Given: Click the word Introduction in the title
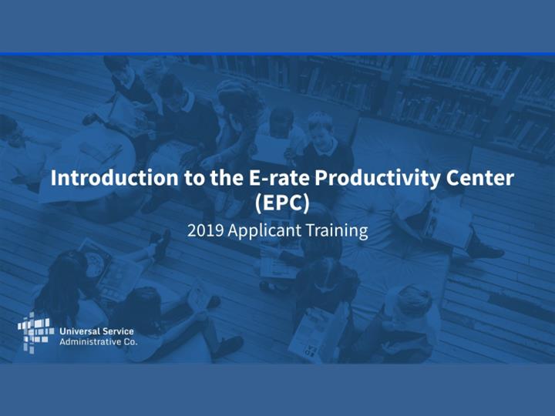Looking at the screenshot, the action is click(x=114, y=178).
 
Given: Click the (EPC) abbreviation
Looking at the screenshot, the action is click(x=282, y=203).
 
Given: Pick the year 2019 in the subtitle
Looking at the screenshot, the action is click(x=205, y=230).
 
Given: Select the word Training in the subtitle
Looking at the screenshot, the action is click(x=337, y=231).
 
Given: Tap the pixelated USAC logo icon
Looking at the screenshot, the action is click(x=35, y=333).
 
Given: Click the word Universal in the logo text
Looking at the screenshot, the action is click(x=77, y=331).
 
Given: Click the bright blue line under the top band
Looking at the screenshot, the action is click(x=277, y=54).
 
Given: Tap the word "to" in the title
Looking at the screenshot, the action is click(x=194, y=179).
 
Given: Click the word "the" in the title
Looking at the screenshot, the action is click(x=227, y=178).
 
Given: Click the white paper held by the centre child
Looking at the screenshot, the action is click(x=270, y=149).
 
